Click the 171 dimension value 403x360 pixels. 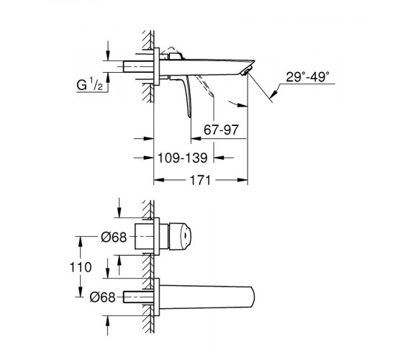pyautogui.click(x=200, y=180)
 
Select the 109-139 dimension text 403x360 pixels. pyautogui.click(x=182, y=158)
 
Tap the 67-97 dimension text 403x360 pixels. pyautogui.click(x=221, y=130)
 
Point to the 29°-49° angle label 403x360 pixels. pyautogui.click(x=307, y=76)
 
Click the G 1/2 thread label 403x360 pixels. pyautogui.click(x=90, y=84)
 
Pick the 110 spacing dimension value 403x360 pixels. pyautogui.click(x=81, y=267)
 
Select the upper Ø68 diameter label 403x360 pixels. pyautogui.click(x=114, y=237)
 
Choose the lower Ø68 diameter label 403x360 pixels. pyautogui.click(x=102, y=297)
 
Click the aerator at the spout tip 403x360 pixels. pyautogui.click(x=245, y=71)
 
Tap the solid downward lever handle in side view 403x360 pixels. pyautogui.click(x=187, y=95)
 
